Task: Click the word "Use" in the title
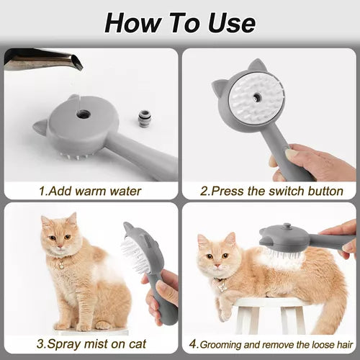coord(232,23)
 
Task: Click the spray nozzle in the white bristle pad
coord(257,97)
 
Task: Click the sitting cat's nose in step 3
coord(60,246)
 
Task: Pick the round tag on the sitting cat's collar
coord(61,266)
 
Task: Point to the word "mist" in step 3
coord(94,344)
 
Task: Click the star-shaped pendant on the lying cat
coord(222,287)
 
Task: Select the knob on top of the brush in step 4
coord(287,226)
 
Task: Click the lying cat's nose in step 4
coord(217,266)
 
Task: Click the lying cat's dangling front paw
coord(224,312)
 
